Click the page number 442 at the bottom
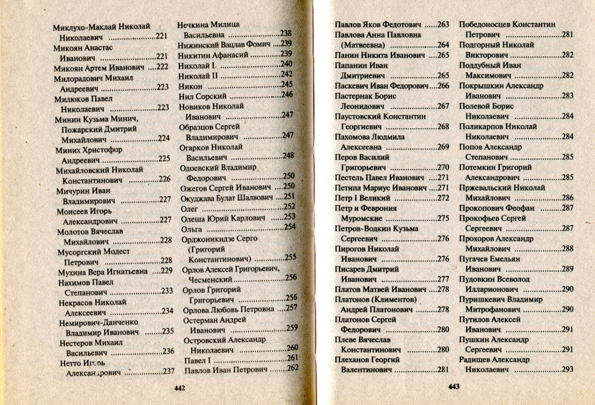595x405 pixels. point(180,388)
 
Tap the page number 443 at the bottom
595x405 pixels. point(455,387)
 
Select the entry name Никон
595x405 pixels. point(190,85)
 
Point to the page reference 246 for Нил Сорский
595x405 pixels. point(287,95)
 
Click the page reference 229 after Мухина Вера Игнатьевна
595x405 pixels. point(166,271)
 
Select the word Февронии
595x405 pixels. point(377,208)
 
